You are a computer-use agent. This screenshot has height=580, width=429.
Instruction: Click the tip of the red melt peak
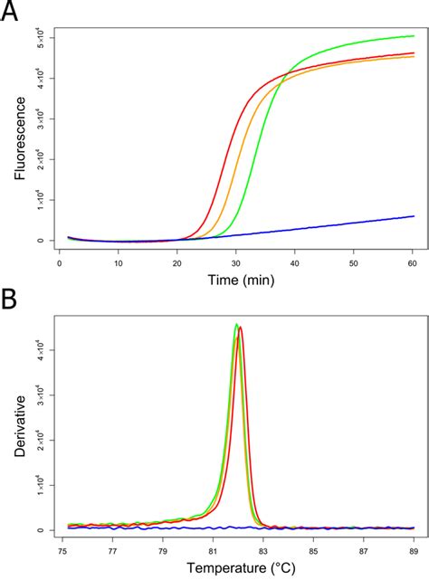240,328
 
